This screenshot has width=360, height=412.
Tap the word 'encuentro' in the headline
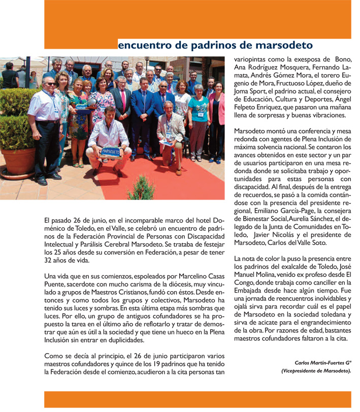click(144, 45)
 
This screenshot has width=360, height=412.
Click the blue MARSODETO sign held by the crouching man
click(111, 151)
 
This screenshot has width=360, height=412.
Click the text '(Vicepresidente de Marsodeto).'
click(316, 371)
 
